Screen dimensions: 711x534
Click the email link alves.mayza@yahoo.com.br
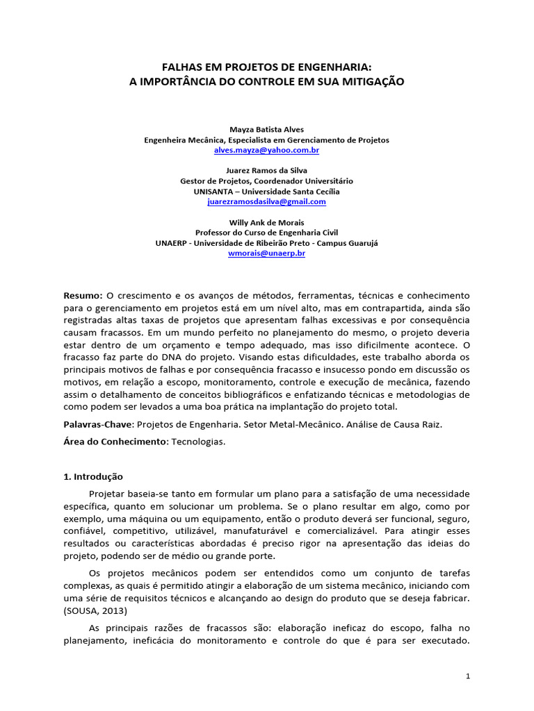[266, 150]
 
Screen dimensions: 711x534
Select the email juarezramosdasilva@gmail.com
[266, 201]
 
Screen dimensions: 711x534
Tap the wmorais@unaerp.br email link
[266, 253]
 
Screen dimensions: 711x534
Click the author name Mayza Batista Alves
[266, 129]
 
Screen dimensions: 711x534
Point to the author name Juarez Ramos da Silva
[266, 170]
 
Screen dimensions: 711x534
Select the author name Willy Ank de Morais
[266, 222]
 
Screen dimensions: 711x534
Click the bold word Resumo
[83, 296]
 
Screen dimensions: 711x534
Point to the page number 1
[468, 676]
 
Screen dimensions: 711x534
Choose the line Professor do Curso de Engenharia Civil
[266, 233]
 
